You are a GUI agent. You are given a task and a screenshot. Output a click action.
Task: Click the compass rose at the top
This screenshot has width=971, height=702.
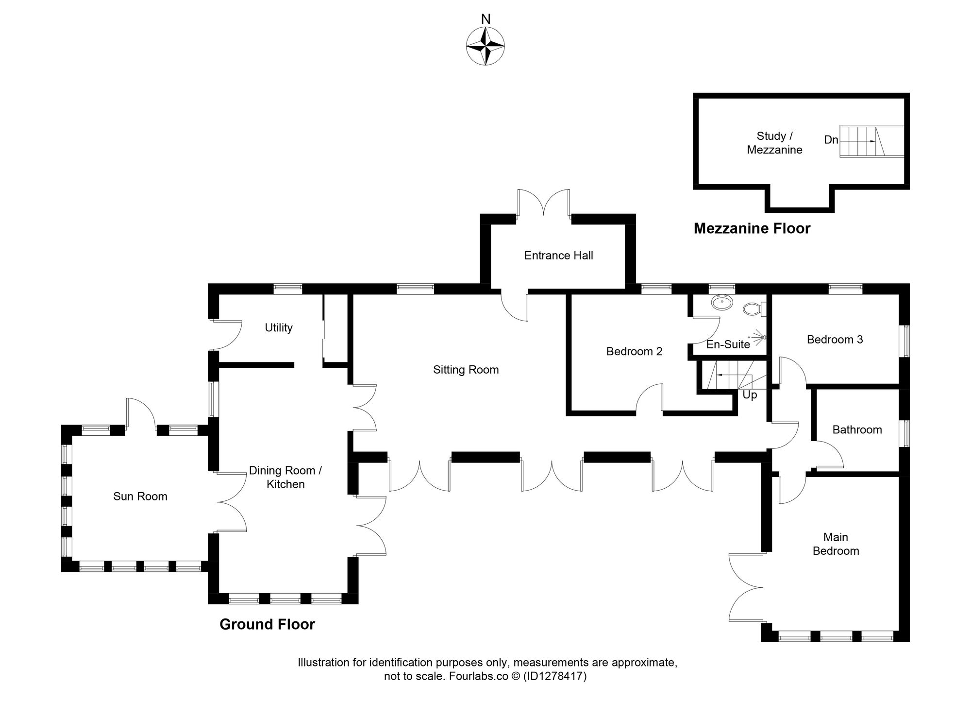point(485,46)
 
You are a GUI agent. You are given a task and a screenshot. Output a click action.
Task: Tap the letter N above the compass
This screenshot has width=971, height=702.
point(485,19)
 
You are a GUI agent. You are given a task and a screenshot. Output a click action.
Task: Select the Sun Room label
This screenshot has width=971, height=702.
point(140,497)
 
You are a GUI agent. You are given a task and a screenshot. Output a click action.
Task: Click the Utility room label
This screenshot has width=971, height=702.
point(279,328)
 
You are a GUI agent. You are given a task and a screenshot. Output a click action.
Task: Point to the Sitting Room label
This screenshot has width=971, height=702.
point(466,370)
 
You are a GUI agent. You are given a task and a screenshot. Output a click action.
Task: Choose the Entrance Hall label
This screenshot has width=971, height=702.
point(558,256)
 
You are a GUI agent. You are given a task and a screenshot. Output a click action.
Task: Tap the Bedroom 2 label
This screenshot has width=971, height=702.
point(634,351)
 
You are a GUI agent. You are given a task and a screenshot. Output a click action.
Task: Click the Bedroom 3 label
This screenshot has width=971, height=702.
point(835,340)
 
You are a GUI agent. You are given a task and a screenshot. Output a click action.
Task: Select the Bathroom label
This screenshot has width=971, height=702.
point(857,429)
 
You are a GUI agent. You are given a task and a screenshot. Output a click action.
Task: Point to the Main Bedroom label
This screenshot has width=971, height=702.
point(836,544)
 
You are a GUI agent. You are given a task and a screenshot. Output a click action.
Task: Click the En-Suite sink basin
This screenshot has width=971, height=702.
point(722,303)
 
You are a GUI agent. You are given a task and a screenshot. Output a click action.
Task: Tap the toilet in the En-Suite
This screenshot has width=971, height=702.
point(752,308)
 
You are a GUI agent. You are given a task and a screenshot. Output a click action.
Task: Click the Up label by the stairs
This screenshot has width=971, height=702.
point(750,395)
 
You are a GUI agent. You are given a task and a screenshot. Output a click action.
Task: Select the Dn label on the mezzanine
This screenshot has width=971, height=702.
point(831,140)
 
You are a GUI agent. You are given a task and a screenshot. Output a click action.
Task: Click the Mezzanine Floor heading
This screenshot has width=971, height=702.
point(752,228)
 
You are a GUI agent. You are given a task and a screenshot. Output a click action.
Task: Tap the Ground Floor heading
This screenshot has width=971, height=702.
point(267,624)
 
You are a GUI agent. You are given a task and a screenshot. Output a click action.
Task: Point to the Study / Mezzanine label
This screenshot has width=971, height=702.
point(774,143)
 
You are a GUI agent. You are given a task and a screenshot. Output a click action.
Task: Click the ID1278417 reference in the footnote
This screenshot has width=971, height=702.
point(554,676)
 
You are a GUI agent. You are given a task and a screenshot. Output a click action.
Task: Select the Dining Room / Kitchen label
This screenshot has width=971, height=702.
point(285,477)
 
